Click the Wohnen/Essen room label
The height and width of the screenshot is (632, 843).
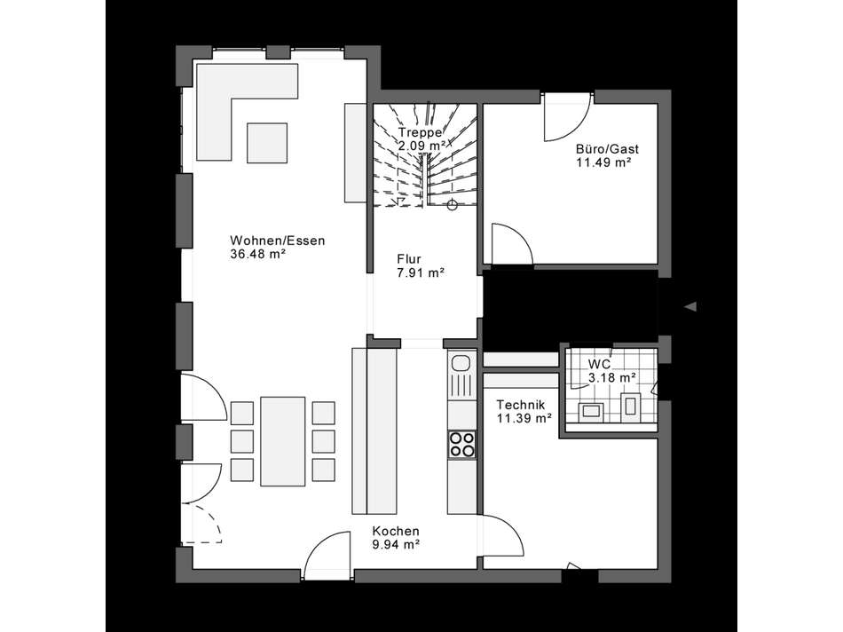[x=278, y=240]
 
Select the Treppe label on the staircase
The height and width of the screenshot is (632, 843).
[x=421, y=132]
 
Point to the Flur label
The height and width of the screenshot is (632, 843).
[x=409, y=259]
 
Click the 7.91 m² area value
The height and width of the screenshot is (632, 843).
[x=421, y=273]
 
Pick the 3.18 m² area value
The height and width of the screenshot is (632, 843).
[x=611, y=378]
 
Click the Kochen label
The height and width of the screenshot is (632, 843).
[x=396, y=531]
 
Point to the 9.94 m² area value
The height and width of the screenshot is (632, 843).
[x=396, y=545]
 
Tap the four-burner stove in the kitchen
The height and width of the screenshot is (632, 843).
[x=461, y=444]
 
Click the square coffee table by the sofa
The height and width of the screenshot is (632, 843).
[x=267, y=142]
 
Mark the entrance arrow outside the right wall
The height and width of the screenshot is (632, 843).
[x=689, y=307]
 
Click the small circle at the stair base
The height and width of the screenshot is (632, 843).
[x=452, y=206]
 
